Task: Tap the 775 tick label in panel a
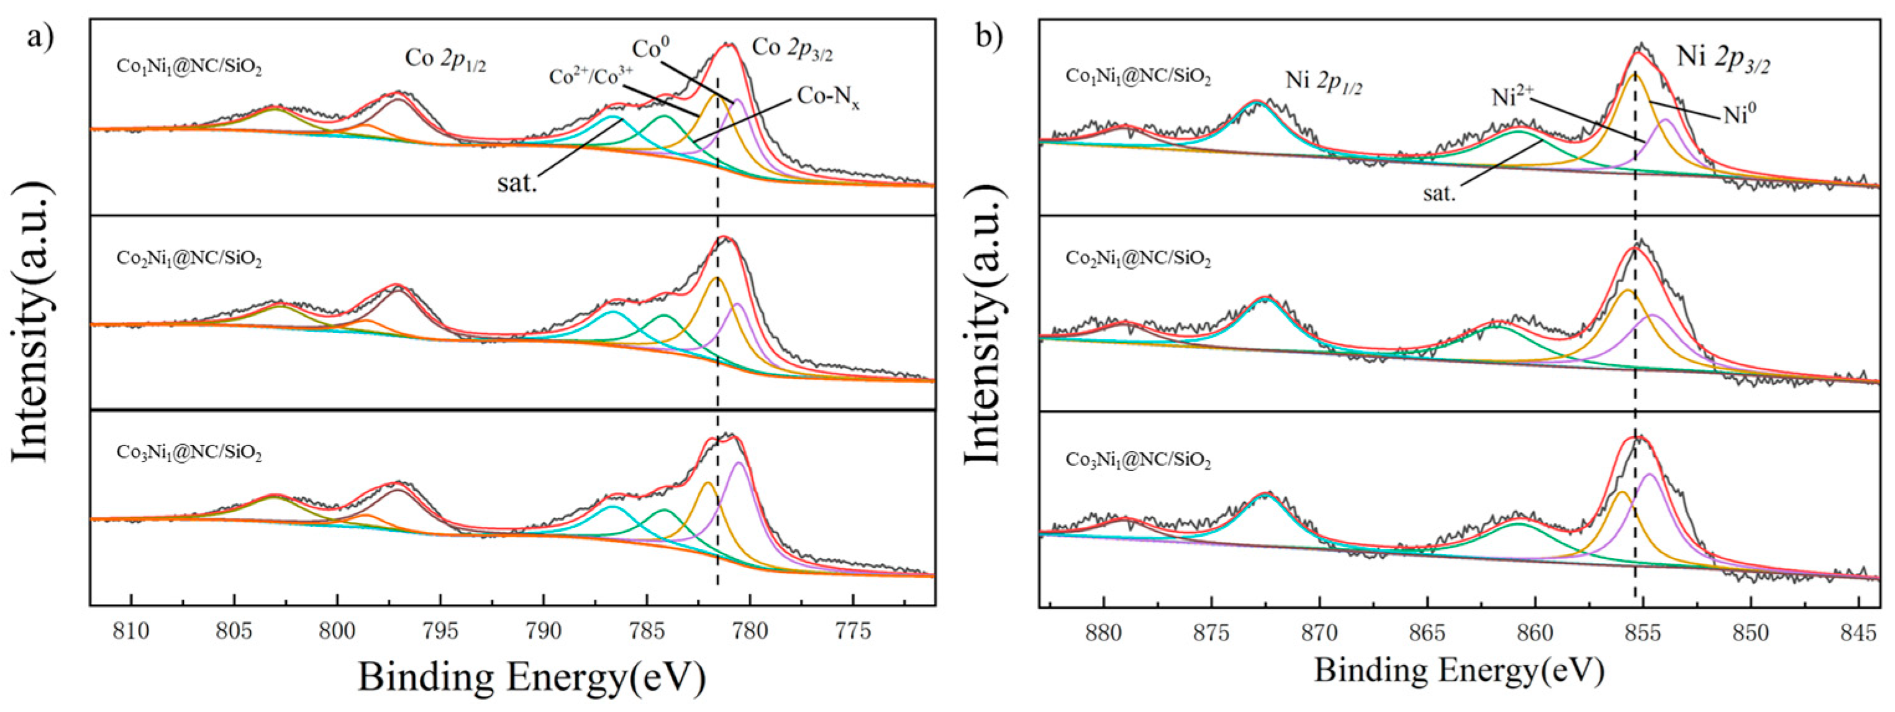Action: click(x=853, y=631)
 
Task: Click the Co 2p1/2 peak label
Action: click(x=446, y=59)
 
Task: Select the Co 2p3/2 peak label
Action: click(x=793, y=48)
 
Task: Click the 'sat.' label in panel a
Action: click(x=517, y=183)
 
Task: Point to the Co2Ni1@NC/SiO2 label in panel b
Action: click(x=1138, y=259)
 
